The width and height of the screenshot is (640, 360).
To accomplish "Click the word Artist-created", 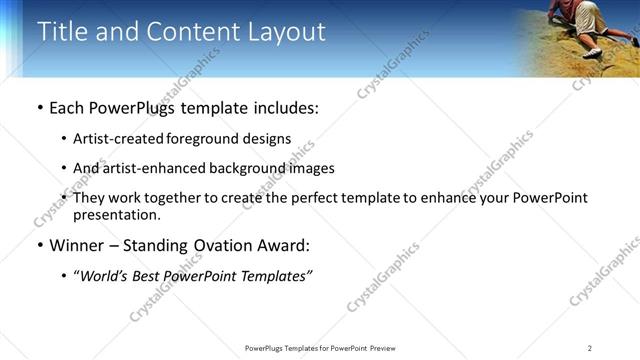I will click(x=112, y=139).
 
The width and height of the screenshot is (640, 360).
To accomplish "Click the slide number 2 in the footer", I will click(x=590, y=347).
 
